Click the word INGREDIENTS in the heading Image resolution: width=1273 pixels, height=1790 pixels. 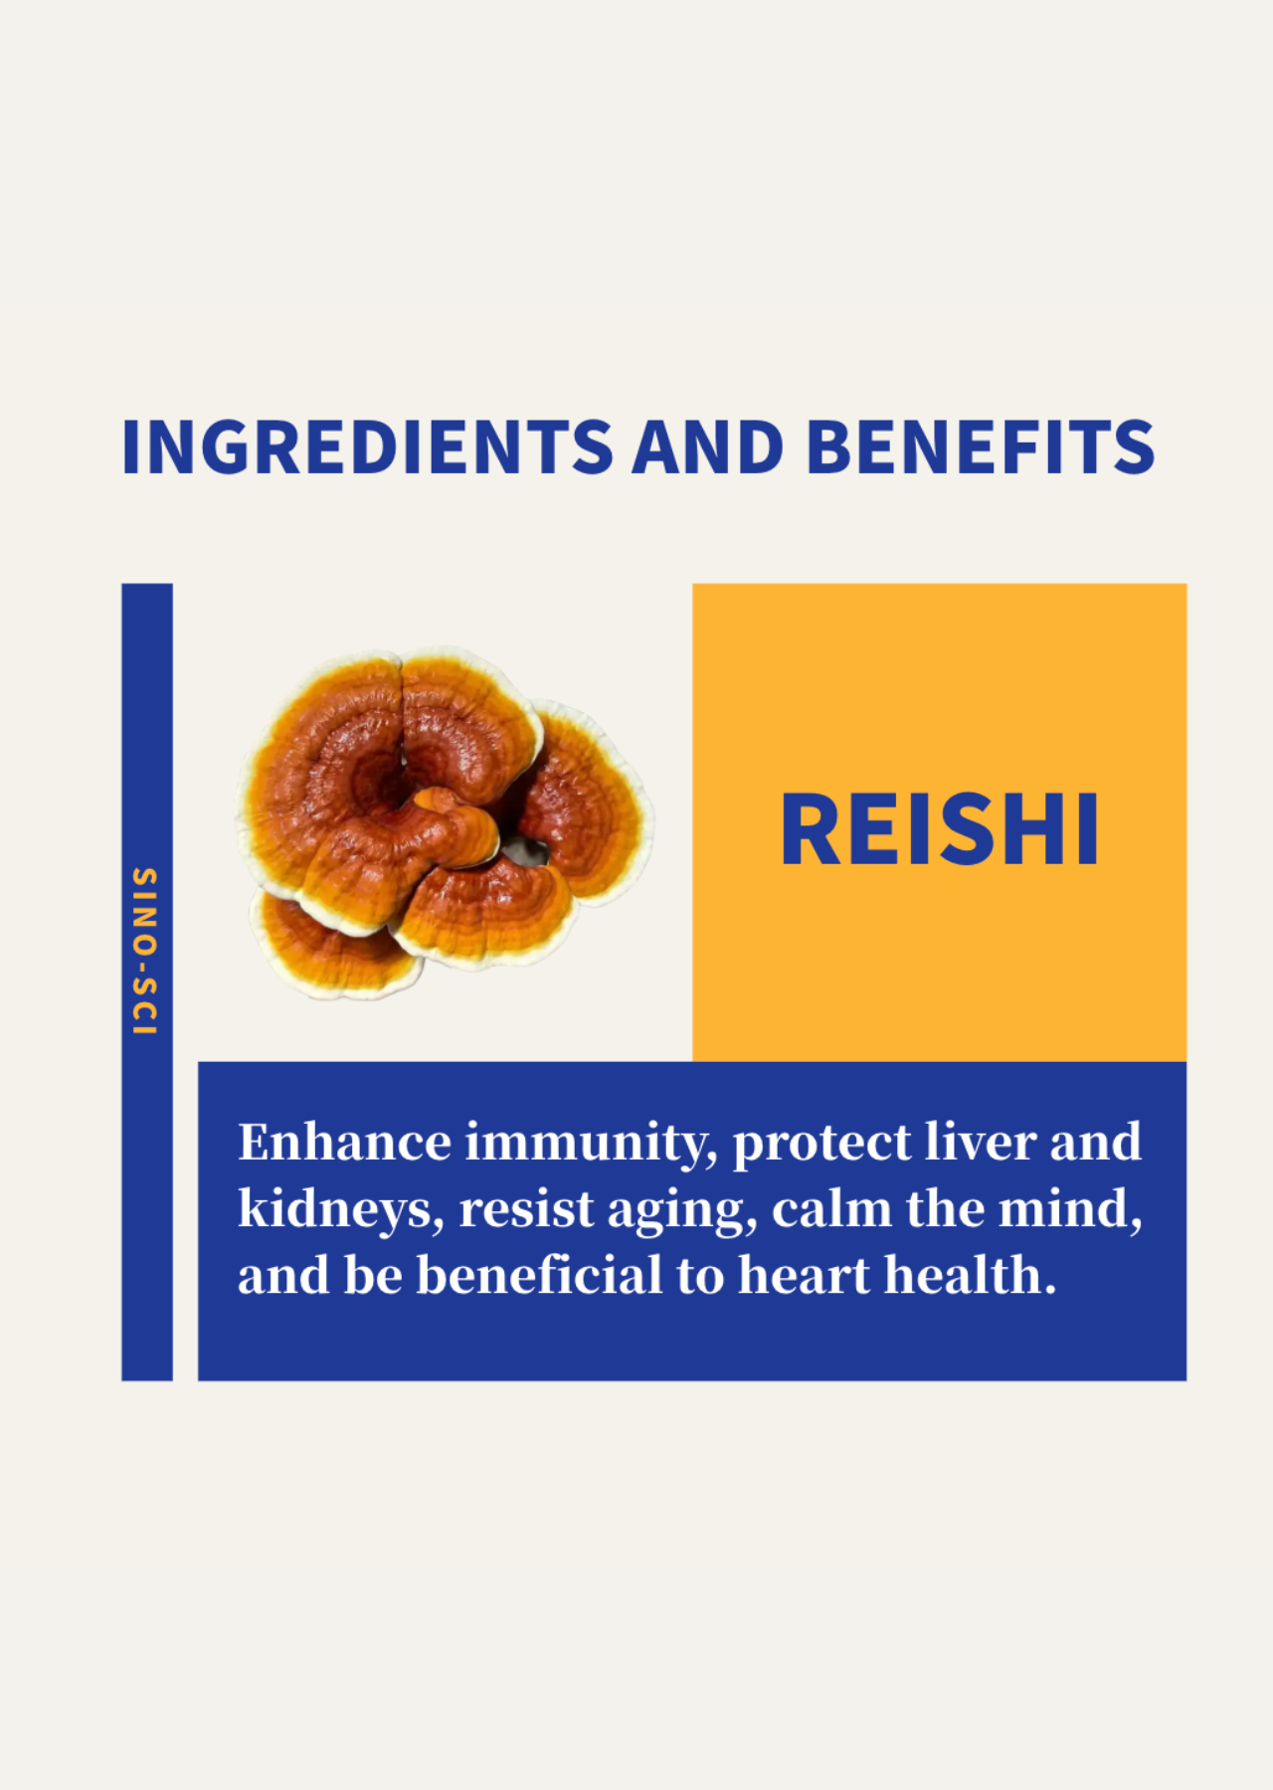[x=367, y=447]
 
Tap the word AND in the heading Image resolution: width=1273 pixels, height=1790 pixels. [x=708, y=447]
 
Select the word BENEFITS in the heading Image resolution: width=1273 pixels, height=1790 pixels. [x=981, y=447]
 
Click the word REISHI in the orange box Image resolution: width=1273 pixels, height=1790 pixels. [x=940, y=829]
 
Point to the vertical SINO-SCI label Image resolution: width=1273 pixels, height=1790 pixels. [x=145, y=951]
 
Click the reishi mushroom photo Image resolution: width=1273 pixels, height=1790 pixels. [x=444, y=821]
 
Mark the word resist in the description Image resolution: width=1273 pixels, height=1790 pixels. [x=526, y=1210]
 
